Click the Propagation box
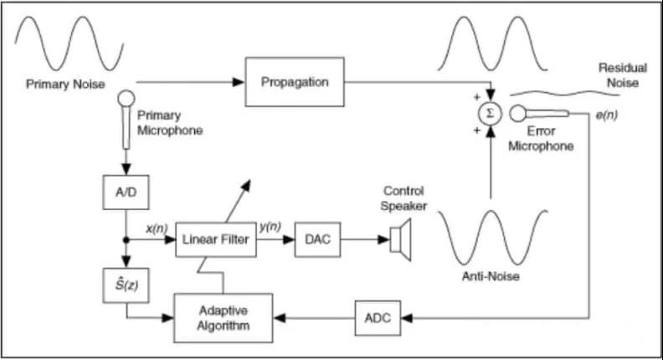pos(294,82)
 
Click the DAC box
pos(317,240)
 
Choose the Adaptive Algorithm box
pos(223,317)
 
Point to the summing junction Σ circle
pos(489,113)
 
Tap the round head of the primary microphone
pos(126,100)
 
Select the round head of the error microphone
pos(518,113)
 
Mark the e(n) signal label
pos(606,115)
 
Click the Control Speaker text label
pos(405,198)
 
